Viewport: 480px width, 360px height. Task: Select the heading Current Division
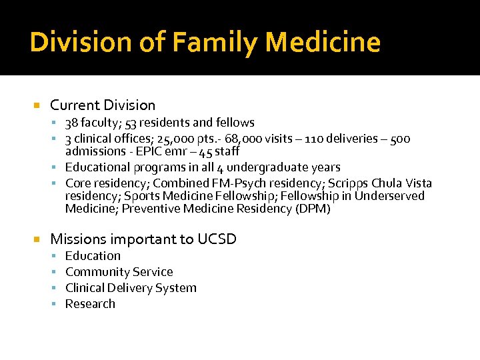tap(103, 105)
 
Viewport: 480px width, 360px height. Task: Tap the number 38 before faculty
tap(71, 123)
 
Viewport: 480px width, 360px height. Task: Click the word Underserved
tap(389, 196)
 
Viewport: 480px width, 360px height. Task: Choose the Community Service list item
tap(119, 272)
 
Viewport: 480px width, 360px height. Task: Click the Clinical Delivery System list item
tap(131, 288)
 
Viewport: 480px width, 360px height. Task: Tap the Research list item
tap(90, 304)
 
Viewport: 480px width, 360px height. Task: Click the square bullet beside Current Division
tap(37, 106)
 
